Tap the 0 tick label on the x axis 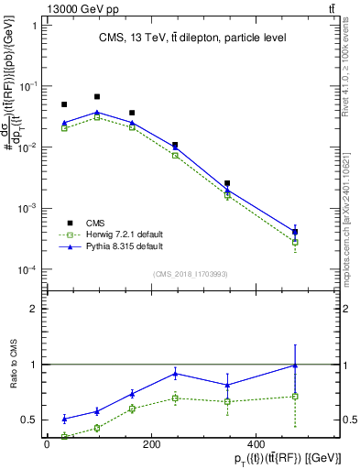tap(47, 443)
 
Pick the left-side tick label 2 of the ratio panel tap(33, 309)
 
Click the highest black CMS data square tap(97, 96)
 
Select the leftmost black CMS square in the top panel tap(64, 104)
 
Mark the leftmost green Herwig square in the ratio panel tap(64, 436)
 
